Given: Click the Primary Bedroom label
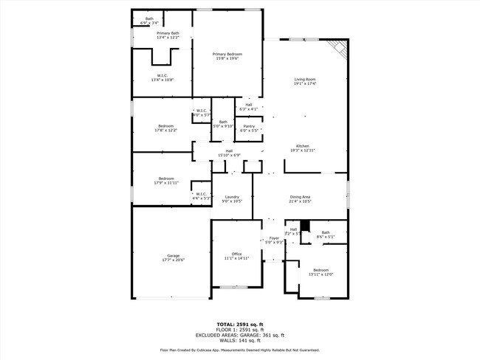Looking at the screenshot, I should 227,56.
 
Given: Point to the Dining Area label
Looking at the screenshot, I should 301,199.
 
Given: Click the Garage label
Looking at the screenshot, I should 173,258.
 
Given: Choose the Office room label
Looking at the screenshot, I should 236,256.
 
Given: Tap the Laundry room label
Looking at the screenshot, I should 233,199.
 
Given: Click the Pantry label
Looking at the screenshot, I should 250,128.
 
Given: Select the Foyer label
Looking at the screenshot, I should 274,240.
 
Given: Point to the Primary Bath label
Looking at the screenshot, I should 168,35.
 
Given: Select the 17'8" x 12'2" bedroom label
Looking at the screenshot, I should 165,128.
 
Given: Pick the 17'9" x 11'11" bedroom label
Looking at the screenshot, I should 165,180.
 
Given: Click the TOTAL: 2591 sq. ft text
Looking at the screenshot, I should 239,325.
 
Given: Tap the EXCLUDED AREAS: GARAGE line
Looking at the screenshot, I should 239,336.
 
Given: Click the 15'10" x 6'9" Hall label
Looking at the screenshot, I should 229,153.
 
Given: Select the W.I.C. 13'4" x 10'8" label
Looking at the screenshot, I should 162,77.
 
